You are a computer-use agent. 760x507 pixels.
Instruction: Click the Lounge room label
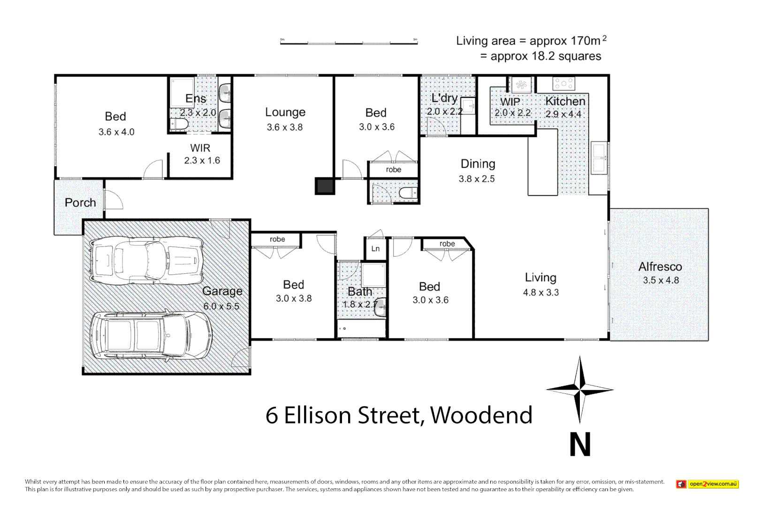(285, 112)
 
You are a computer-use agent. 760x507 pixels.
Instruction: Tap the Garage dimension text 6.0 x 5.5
(221, 306)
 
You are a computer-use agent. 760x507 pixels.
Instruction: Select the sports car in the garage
(146, 261)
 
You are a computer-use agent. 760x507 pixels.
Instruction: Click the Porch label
(80, 203)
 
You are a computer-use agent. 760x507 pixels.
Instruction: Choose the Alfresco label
(660, 267)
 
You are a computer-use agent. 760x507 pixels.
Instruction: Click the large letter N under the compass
(580, 445)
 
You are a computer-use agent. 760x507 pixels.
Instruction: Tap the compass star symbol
(580, 389)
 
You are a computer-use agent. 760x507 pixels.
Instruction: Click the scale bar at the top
(349, 43)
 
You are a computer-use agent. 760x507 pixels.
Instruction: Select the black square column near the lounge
(325, 186)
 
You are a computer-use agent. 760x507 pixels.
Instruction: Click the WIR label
(200, 148)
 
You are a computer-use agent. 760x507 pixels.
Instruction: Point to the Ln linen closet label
(375, 249)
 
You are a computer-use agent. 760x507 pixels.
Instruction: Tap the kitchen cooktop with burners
(563, 84)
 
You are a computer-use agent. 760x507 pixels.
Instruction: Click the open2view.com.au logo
(707, 484)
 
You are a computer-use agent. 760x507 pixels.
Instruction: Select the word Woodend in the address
(481, 415)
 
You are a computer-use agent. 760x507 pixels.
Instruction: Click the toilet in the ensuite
(179, 124)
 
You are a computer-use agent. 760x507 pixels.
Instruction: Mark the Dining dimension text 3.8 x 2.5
(477, 179)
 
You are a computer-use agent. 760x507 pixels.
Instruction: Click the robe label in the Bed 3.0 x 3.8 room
(277, 239)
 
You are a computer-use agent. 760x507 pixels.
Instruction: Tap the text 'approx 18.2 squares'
(546, 56)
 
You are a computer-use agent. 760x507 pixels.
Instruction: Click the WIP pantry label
(510, 102)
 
